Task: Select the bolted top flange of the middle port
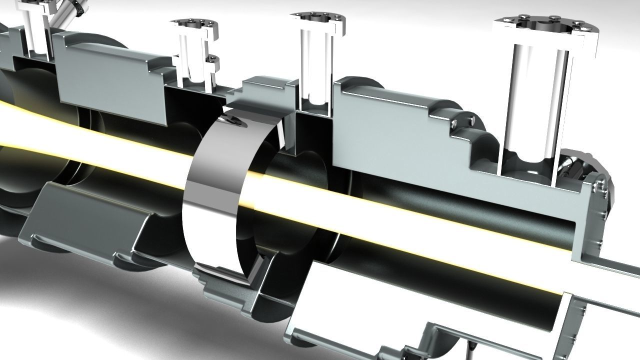tap(317, 19)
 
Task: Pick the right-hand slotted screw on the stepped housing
tap(470, 120)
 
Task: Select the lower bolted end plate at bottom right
tap(570, 325)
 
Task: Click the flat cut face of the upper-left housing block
tap(110, 80)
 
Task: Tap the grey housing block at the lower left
tap(85, 220)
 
